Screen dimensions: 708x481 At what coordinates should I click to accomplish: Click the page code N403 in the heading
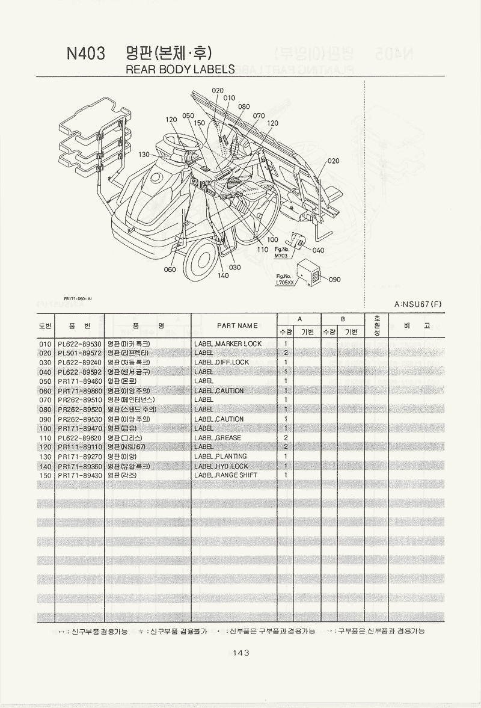click(86, 54)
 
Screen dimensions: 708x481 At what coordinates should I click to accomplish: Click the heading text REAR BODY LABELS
click(180, 69)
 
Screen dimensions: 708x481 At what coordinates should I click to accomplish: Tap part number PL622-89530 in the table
click(80, 343)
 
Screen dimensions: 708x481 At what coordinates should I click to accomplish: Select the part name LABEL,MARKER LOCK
click(228, 343)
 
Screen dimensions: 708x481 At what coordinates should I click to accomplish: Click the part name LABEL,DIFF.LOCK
click(221, 362)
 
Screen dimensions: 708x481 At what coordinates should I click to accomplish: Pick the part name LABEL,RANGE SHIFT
click(225, 475)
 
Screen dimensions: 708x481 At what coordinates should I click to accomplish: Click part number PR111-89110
click(80, 447)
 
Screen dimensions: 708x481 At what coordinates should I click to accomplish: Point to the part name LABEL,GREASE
click(218, 437)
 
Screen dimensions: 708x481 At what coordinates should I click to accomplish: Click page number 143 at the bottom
click(240, 652)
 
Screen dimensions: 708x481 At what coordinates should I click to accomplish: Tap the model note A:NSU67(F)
click(418, 304)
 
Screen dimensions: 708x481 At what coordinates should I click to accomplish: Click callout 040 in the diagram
click(319, 250)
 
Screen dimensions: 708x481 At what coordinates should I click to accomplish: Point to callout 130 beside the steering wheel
click(144, 155)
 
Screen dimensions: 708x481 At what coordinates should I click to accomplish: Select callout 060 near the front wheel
click(170, 269)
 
